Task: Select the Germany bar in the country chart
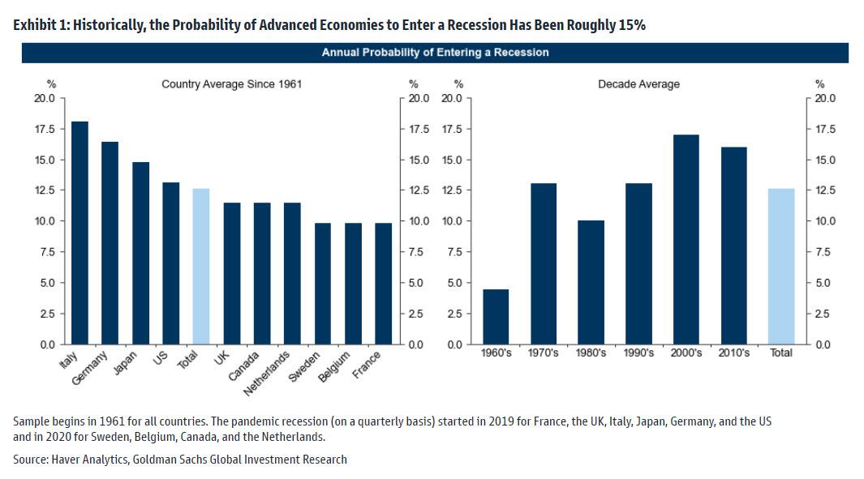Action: pos(110,243)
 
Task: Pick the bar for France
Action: pos(383,283)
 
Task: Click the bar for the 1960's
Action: pos(496,316)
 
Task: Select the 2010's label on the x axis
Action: pos(733,353)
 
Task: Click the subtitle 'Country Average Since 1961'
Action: pos(231,84)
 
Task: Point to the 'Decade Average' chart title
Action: pos(638,84)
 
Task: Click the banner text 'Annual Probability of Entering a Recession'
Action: pos(435,53)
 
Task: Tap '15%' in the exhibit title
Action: pos(629,25)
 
